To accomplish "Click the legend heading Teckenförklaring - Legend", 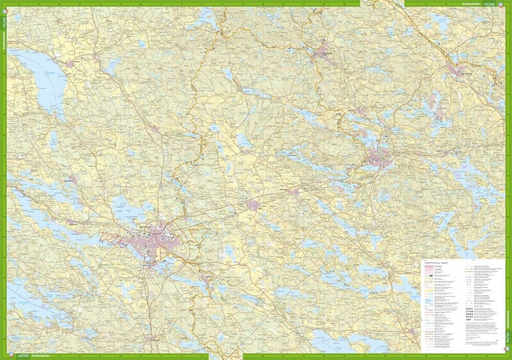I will tap(442, 262).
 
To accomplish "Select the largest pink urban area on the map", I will tap(154, 240).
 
